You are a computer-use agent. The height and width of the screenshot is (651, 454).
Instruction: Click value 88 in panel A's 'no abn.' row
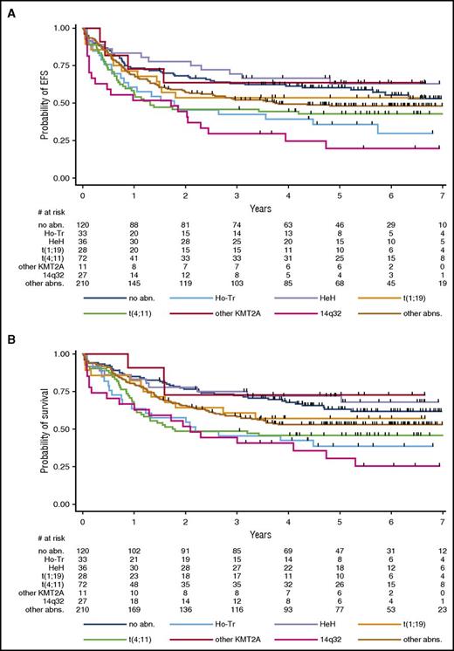pyautogui.click(x=134, y=225)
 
